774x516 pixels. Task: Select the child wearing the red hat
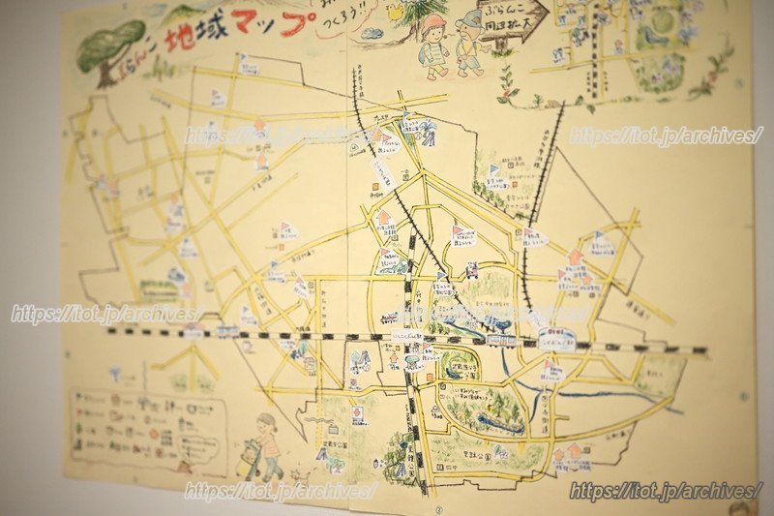(434, 44)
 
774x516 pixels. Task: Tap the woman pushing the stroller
(266, 440)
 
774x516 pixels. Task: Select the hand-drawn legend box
(145, 426)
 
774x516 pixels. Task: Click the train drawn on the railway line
(500, 340)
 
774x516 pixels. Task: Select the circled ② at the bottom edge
(437, 507)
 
